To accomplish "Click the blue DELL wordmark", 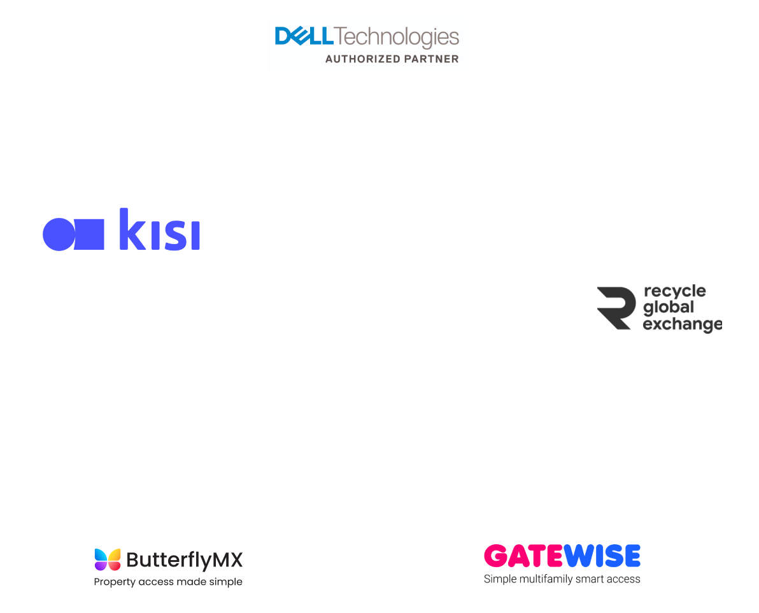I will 304,36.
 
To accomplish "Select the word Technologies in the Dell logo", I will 396,37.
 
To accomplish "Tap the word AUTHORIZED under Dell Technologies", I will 354,59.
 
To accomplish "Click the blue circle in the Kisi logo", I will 58,234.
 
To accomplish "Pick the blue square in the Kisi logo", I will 89,234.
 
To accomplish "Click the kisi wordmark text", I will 159,229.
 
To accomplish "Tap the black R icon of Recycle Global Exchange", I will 616,308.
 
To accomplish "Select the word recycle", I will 674,292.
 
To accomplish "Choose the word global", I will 668,308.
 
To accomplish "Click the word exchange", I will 682,324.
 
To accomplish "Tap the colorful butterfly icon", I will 108,560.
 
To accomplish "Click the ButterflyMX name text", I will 184,560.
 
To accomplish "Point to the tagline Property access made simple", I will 168,582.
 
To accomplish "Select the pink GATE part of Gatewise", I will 523,556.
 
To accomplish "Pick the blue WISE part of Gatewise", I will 601,556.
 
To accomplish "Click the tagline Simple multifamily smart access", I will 562,579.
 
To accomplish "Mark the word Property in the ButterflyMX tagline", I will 114,582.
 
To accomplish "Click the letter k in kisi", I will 131,229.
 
